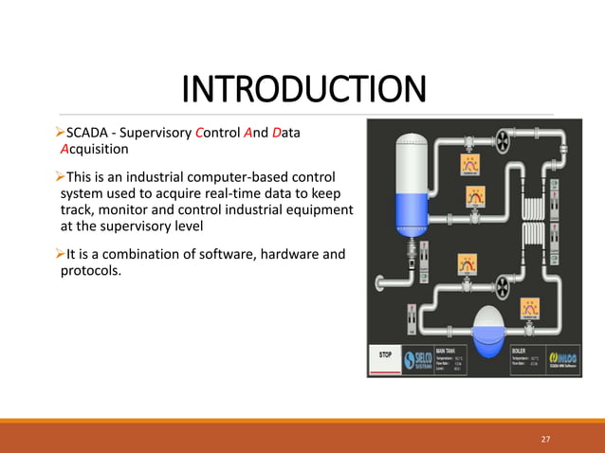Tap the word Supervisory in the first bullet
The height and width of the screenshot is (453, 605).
(x=155, y=133)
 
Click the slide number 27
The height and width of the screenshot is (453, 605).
(x=545, y=439)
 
